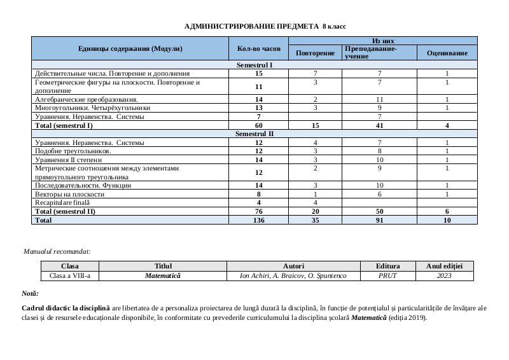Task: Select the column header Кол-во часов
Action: [x=258, y=48]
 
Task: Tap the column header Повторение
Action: [x=316, y=53]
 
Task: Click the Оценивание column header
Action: [x=447, y=53]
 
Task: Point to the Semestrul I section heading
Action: [x=254, y=66]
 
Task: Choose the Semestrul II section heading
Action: [x=254, y=134]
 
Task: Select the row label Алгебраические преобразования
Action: [x=87, y=100]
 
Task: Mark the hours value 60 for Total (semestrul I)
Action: [x=258, y=126]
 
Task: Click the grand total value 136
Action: [x=258, y=219]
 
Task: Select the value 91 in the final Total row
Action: [x=379, y=219]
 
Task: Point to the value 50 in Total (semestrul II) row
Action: [x=379, y=211]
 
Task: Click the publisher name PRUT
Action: [x=387, y=276]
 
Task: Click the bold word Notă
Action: [x=29, y=293]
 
